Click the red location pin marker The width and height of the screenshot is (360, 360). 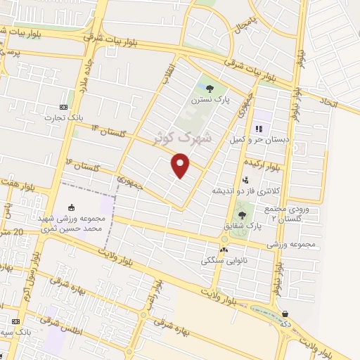click(x=181, y=165)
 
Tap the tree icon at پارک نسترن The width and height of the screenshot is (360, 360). click(x=210, y=89)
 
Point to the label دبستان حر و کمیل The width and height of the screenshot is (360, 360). click(x=258, y=140)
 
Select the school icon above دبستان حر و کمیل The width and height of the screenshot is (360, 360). click(x=259, y=129)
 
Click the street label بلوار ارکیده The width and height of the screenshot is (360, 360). click(x=263, y=165)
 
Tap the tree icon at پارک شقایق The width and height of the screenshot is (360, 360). click(x=242, y=215)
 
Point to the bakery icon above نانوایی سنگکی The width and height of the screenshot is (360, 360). click(x=224, y=249)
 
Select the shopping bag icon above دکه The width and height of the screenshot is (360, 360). click(x=285, y=314)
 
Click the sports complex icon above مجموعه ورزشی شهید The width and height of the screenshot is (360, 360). click(x=70, y=208)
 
